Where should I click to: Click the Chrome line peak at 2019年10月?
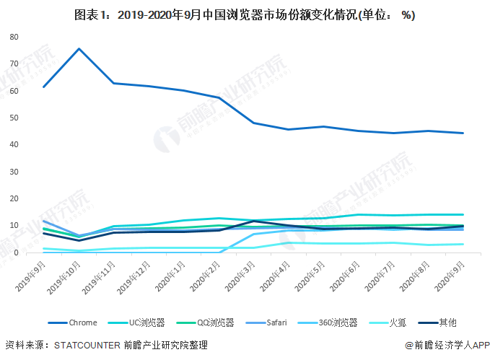[79, 48]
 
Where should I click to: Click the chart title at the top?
[245, 14]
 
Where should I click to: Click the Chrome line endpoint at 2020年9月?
[463, 133]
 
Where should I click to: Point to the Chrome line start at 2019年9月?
[44, 87]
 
